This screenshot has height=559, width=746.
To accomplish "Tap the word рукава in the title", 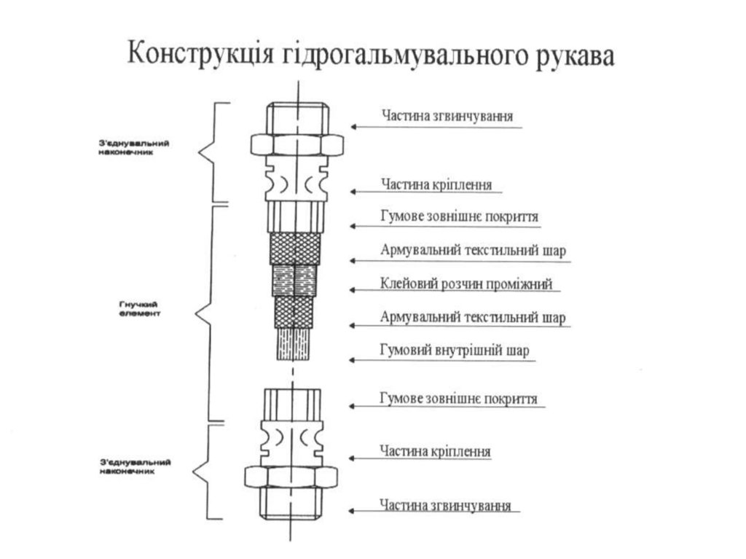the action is (576, 56).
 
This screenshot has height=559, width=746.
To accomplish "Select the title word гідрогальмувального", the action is (405, 55).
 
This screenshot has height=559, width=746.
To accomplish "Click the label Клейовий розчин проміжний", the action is (466, 284).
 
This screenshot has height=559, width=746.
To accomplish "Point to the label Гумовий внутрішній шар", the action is (455, 351).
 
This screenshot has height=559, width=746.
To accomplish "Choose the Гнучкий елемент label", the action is (140, 309).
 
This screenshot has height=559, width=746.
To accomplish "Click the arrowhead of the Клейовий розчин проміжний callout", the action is (353, 289).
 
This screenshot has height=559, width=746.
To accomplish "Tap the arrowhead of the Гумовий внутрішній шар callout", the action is (352, 360).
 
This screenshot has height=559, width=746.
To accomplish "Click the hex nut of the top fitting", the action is (297, 145).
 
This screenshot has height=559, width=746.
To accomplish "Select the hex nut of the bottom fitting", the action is (291, 477).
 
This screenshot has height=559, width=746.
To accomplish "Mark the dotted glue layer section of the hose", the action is (294, 281).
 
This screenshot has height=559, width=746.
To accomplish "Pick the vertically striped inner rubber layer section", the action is (294, 344).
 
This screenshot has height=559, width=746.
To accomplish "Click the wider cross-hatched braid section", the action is (295, 248).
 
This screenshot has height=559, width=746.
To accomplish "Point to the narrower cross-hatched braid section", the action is (294, 312).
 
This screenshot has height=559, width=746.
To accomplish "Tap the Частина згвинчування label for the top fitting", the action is (447, 116).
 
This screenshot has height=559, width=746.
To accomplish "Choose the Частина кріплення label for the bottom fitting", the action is (435, 450).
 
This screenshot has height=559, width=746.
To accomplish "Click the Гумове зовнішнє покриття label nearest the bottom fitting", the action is (458, 398).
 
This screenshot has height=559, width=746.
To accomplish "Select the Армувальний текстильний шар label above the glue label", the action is (473, 251).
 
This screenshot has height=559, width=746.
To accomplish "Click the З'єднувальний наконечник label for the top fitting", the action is (134, 148).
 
